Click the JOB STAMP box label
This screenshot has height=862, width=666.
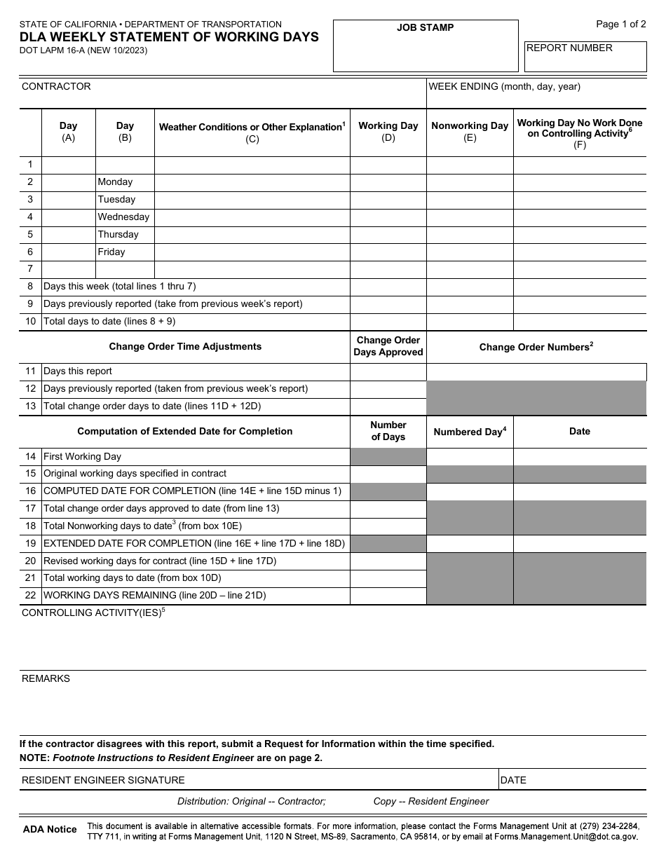click(425, 27)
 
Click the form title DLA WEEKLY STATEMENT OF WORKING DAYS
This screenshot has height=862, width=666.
click(169, 37)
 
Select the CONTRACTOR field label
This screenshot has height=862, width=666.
click(56, 86)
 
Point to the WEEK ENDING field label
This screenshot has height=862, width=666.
click(504, 86)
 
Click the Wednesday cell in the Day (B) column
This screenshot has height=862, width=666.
click(123, 217)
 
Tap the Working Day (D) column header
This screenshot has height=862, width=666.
click(388, 131)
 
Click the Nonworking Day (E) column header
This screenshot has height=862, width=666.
click(469, 131)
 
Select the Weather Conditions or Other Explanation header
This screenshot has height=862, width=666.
click(252, 132)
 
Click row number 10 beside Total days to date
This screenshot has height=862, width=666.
click(30, 322)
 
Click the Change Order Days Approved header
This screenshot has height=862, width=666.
click(388, 346)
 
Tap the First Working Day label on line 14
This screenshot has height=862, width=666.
click(82, 456)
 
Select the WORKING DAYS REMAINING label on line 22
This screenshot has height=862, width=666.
click(154, 595)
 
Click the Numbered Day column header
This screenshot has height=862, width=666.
click(469, 432)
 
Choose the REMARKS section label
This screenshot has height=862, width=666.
click(46, 678)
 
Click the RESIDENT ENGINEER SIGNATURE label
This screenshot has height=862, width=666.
click(103, 780)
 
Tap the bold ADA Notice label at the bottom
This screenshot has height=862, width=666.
click(50, 829)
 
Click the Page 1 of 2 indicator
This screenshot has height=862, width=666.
click(620, 25)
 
